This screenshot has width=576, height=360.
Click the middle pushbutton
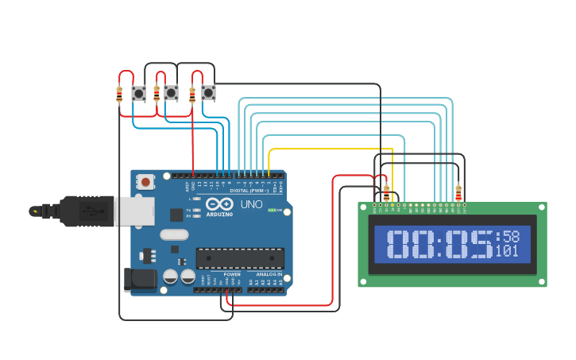[171, 93]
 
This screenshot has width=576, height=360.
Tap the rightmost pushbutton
[208, 93]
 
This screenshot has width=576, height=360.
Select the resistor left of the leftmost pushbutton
[119, 94]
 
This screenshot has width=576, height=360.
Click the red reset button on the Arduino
[145, 182]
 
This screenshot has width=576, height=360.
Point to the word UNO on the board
[251, 204]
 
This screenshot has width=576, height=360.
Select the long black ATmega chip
[240, 258]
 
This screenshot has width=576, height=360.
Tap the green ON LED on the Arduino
[272, 210]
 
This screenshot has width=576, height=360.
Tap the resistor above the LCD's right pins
[458, 192]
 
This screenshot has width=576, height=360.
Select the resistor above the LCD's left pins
[387, 192]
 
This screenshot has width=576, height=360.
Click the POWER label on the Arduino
[231, 274]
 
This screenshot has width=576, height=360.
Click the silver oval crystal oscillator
[175, 234]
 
